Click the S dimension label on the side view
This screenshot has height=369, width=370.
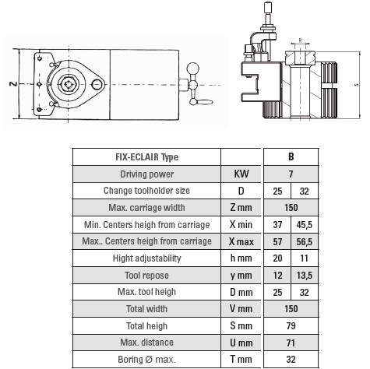[356, 84]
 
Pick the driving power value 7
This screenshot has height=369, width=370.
[290, 174]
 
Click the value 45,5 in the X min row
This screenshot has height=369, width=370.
[304, 224]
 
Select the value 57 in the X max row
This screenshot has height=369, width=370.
[277, 241]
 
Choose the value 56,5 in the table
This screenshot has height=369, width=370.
[304, 241]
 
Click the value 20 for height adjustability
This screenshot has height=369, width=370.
[277, 258]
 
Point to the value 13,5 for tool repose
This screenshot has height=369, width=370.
[304, 275]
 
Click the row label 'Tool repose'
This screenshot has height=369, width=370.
[146, 275]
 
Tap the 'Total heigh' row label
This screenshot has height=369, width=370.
[146, 325]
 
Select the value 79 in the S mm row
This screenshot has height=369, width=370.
[290, 325]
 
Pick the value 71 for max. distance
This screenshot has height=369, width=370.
[290, 343]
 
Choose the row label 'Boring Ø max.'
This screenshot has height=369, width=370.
[146, 360]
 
